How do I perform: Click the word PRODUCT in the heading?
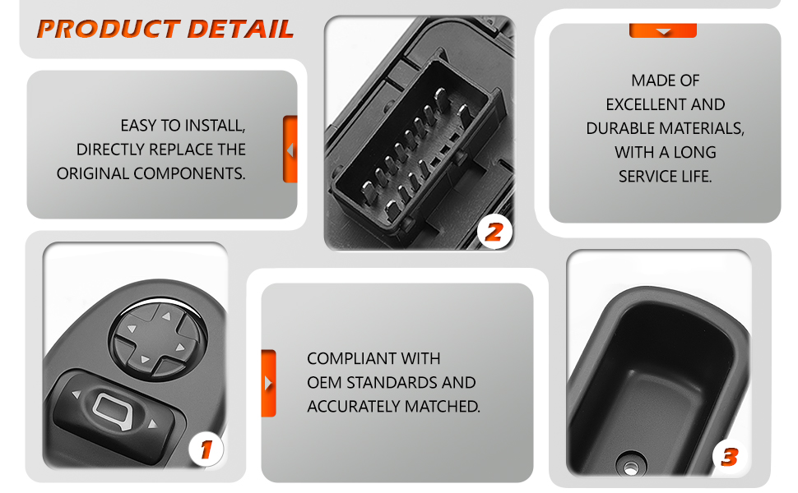[x=109, y=29]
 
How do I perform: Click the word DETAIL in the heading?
[x=241, y=29]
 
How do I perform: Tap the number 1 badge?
[x=206, y=449]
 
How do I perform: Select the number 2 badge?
[x=494, y=233]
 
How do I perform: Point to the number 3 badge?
[x=730, y=456]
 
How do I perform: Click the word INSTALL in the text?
[x=215, y=126]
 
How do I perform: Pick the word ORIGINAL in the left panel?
[x=93, y=174]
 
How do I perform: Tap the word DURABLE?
[x=619, y=128]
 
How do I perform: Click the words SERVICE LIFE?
[x=666, y=177]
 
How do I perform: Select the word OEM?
[x=324, y=383]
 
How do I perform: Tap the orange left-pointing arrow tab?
[x=290, y=150]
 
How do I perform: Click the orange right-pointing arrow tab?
[x=269, y=383]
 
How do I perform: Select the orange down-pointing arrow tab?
[x=662, y=30]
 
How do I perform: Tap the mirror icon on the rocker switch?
[x=113, y=411]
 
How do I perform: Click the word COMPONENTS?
[x=190, y=174]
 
